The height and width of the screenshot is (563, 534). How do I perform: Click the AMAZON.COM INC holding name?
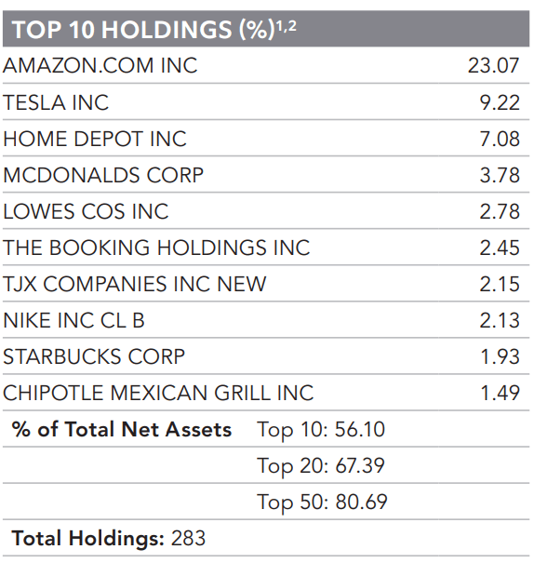tap(100, 66)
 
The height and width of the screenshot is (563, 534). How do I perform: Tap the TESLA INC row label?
tap(56, 102)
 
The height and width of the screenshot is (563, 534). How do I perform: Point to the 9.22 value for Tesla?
tap(499, 102)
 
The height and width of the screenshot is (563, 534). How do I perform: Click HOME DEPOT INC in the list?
tap(95, 139)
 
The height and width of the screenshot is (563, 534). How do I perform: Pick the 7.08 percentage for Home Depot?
tap(499, 139)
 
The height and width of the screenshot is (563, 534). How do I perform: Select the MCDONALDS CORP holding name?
tap(103, 175)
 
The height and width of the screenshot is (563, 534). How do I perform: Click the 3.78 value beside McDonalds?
tap(499, 175)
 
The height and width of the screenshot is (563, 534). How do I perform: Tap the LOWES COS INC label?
tap(86, 211)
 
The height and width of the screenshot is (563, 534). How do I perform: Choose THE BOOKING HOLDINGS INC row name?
tap(156, 248)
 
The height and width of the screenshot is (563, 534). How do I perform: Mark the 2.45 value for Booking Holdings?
tap(499, 248)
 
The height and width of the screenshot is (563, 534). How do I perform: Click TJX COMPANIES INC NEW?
tap(135, 284)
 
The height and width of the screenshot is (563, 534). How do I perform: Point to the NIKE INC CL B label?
tap(74, 320)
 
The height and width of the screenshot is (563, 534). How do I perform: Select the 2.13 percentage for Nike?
tap(499, 320)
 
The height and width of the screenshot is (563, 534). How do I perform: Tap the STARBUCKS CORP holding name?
tap(94, 356)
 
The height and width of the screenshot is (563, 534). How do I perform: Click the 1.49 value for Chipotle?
tap(500, 393)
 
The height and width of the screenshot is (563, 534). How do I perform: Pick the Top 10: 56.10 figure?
tap(321, 429)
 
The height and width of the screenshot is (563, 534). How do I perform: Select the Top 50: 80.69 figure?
tap(322, 503)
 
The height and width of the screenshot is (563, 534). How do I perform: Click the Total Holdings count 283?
tap(188, 539)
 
